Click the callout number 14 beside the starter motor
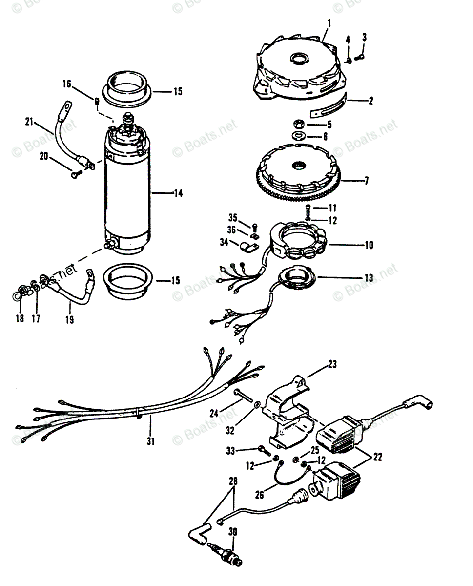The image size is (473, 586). click(x=178, y=194)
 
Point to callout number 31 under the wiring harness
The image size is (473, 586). click(x=150, y=441)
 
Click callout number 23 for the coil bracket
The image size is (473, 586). click(x=332, y=364)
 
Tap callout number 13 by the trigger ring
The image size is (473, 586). click(x=369, y=278)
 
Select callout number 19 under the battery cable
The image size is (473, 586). click(x=69, y=321)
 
